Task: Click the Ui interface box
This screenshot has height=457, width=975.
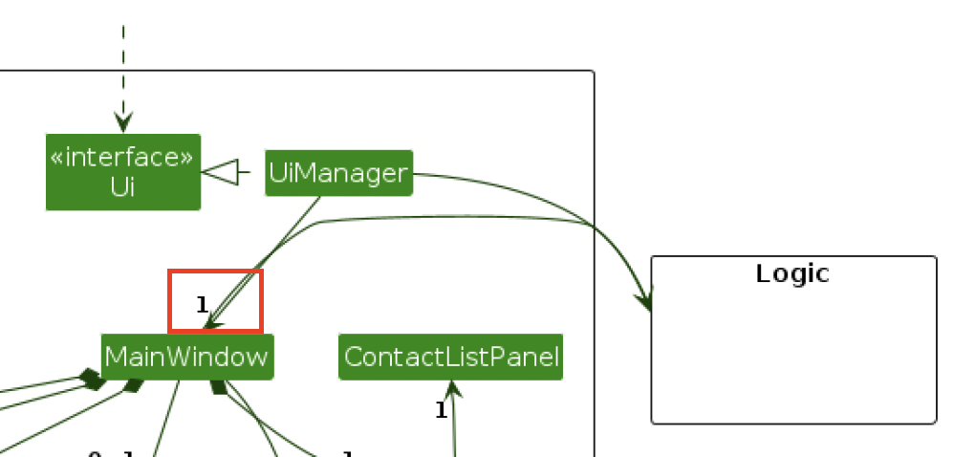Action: [x=122, y=172]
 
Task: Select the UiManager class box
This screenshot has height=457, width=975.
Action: [x=338, y=173]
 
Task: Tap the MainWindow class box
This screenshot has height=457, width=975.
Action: [x=187, y=357]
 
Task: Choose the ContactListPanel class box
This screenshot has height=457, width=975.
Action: [x=451, y=357]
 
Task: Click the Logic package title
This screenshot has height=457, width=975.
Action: [x=792, y=273]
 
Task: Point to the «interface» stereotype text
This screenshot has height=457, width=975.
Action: [x=122, y=158]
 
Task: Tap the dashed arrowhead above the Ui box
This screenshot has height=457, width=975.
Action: [x=123, y=121]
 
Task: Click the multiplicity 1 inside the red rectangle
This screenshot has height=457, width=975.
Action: [x=202, y=305]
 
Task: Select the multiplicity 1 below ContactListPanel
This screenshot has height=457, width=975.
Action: [x=441, y=410]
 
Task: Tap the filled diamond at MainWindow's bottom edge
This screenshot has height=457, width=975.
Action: [x=218, y=386]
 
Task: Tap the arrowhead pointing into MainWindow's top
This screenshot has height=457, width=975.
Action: [x=209, y=324]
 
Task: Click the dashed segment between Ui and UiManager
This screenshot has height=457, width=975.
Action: [x=245, y=173]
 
